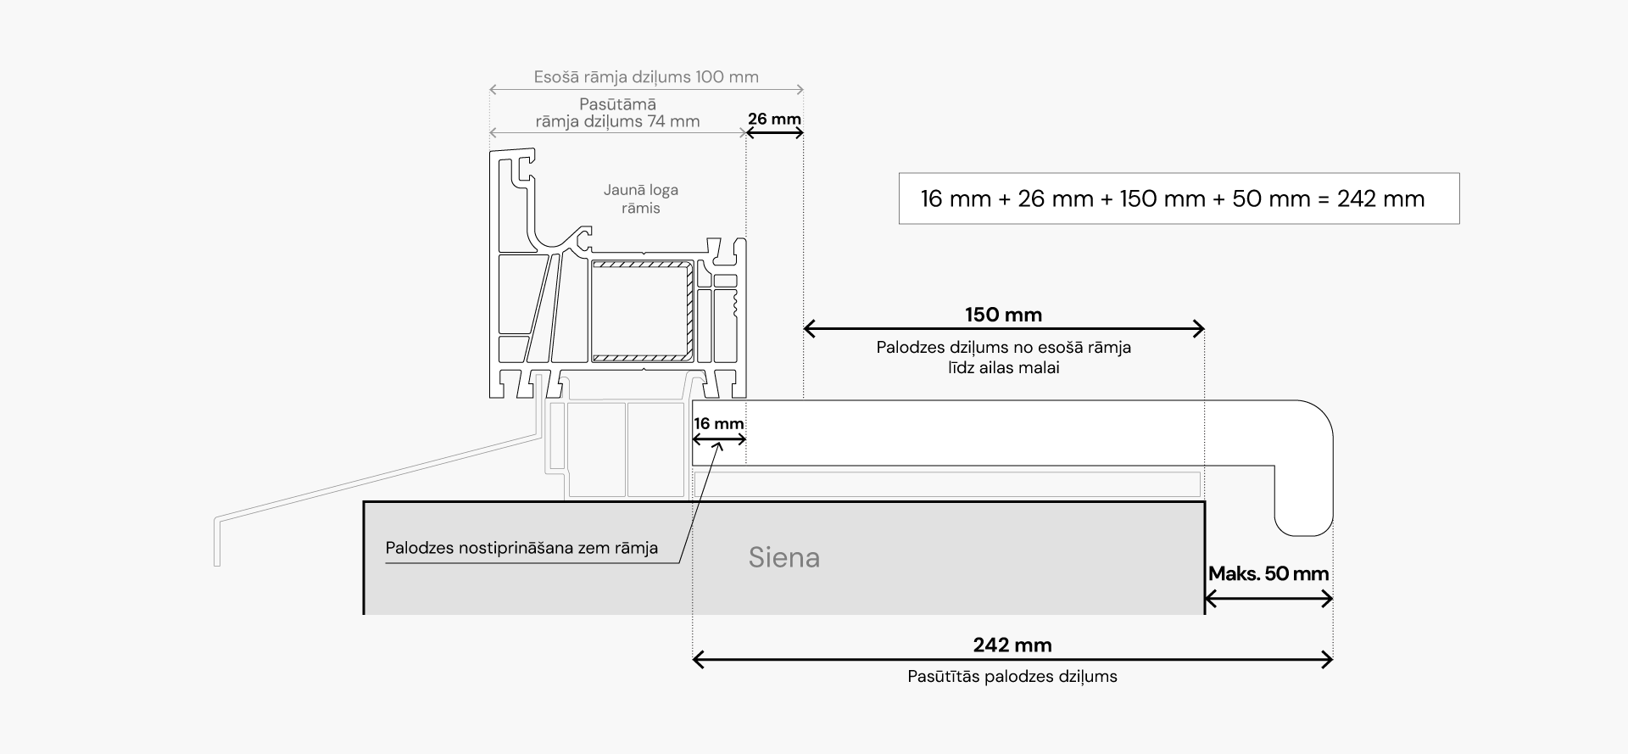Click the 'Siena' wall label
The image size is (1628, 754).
(x=783, y=557)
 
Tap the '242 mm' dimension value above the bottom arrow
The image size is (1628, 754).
(x=1012, y=645)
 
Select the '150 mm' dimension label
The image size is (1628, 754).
(x=1003, y=315)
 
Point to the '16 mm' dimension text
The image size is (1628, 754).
(x=718, y=424)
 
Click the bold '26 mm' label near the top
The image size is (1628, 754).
(x=774, y=119)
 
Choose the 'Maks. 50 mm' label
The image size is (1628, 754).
(x=1268, y=574)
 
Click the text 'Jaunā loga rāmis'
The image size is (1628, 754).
(x=640, y=199)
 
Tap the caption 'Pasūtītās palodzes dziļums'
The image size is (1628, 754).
(x=1012, y=677)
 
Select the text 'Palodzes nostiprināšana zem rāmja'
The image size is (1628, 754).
(x=521, y=548)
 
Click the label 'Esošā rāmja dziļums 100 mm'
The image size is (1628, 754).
(x=646, y=77)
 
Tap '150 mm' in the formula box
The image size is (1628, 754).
(x=1162, y=199)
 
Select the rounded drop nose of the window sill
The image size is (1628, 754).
(x=1303, y=509)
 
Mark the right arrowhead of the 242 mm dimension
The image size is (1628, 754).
(x=1329, y=660)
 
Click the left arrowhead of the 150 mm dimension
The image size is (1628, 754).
(x=808, y=328)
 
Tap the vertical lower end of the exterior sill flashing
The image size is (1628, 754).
(x=217, y=543)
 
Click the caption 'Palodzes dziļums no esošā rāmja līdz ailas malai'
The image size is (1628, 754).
(x=1003, y=357)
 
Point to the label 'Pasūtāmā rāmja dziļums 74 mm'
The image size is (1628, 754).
(x=617, y=113)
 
